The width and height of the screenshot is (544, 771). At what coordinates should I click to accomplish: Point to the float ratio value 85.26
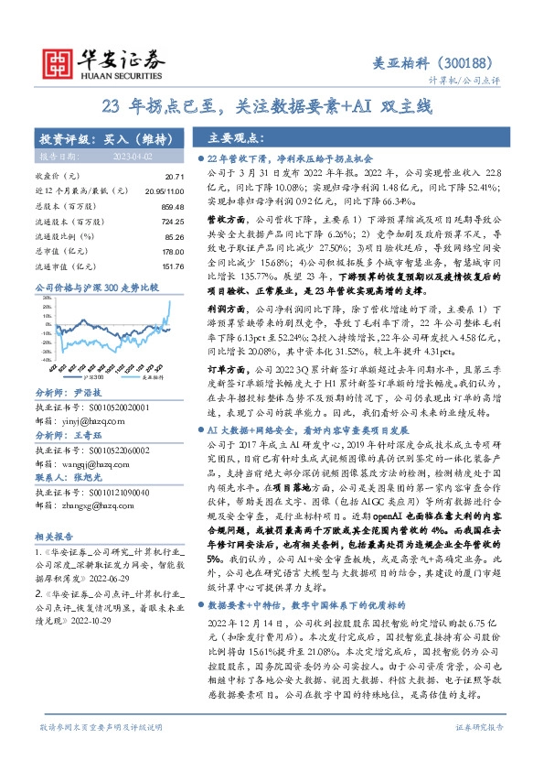pyautogui.click(x=174, y=236)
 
